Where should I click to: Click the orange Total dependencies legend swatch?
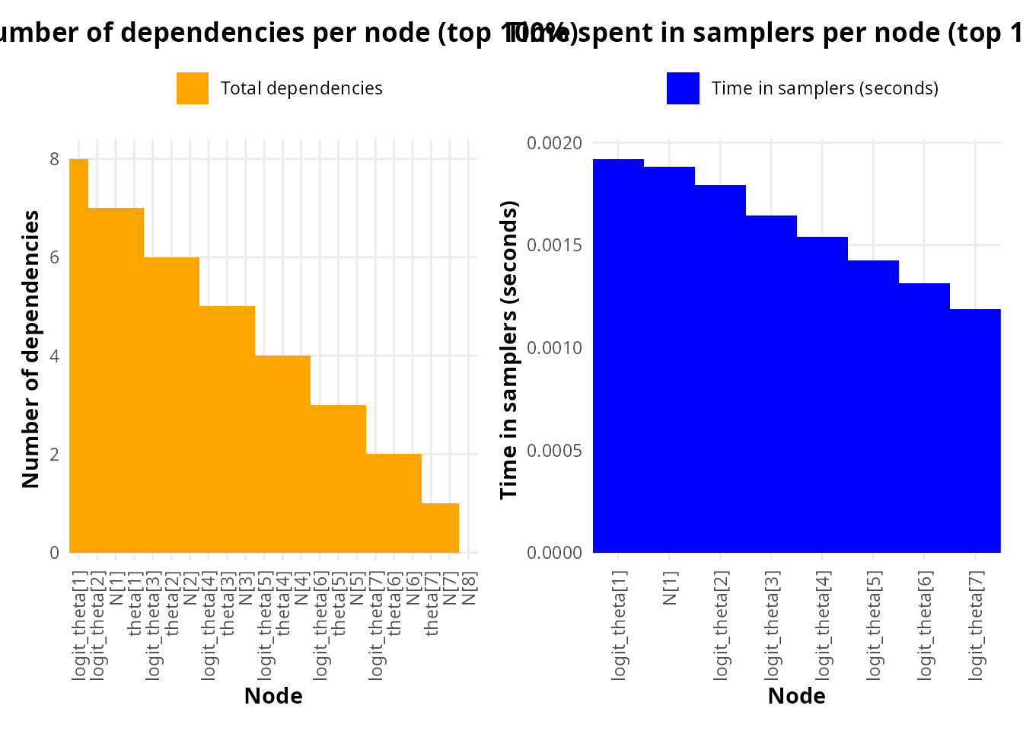tap(192, 88)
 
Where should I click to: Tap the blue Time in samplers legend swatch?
tap(683, 88)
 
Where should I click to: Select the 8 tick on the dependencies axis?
tap(54, 159)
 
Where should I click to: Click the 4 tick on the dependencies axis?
tap(54, 356)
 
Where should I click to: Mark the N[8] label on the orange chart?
tap(469, 588)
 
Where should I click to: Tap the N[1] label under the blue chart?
tap(670, 588)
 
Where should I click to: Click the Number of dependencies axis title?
tap(30, 349)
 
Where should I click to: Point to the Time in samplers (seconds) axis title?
tap(508, 349)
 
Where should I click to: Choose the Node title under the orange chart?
tap(273, 696)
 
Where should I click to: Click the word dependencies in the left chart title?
tap(221, 33)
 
